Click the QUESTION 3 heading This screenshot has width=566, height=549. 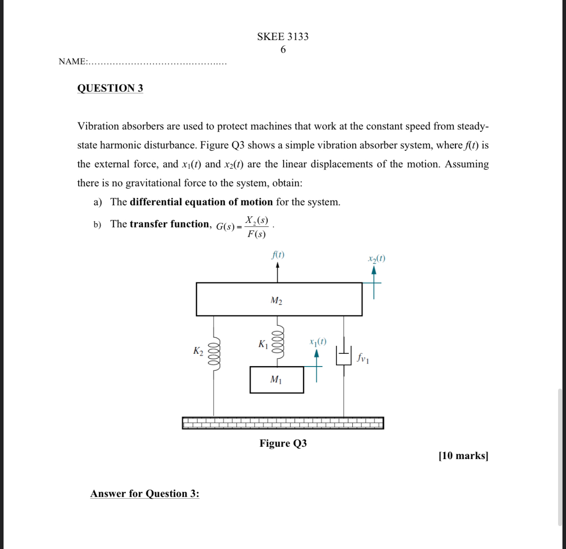point(110,88)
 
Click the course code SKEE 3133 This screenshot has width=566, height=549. point(283,37)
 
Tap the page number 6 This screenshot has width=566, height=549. point(283,49)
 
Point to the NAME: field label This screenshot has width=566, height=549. point(73,61)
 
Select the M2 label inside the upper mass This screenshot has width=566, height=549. point(276,300)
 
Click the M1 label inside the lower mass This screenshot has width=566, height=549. point(276,379)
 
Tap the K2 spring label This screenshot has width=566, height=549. point(198,351)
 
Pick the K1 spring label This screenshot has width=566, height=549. point(263,344)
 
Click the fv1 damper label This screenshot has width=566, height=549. point(363,358)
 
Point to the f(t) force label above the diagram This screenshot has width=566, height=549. point(278,255)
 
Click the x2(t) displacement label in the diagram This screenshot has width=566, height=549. point(376,259)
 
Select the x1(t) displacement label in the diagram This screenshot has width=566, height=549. point(318,341)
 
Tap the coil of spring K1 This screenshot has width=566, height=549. point(277,344)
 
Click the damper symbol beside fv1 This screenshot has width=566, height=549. point(344,355)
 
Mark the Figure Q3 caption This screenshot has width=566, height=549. point(283,443)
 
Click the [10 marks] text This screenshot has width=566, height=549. point(463,456)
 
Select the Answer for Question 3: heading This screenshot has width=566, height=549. point(145,493)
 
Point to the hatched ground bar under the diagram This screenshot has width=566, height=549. point(283,423)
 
